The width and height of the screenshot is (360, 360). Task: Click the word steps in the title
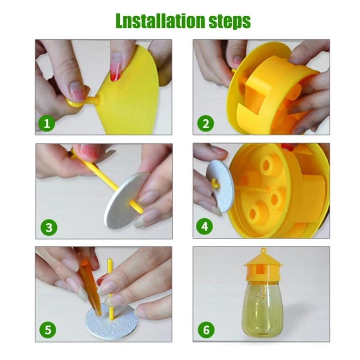[229, 22]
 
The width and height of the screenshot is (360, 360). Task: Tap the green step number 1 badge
[47, 123]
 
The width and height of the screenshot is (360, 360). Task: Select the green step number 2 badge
[206, 123]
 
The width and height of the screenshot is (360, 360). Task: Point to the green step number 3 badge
[49, 227]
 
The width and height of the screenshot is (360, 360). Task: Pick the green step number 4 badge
[205, 226]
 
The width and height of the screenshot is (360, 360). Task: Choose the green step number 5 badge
[48, 330]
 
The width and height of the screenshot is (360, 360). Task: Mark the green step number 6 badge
[206, 330]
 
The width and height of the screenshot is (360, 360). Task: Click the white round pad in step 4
[220, 186]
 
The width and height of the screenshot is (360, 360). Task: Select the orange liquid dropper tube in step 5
[91, 283]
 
